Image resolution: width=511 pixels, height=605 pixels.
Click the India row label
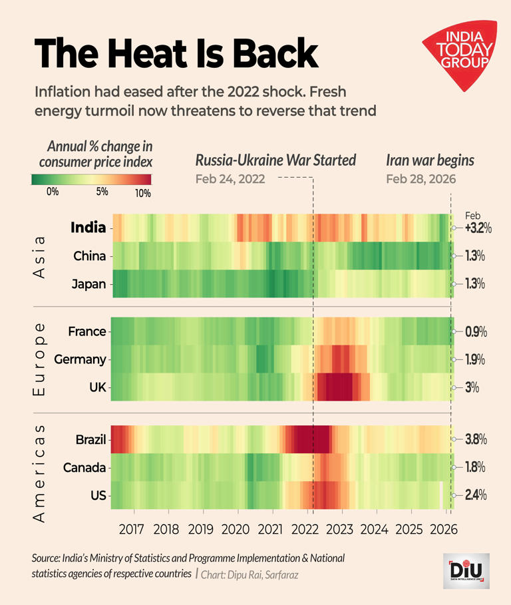click(88, 228)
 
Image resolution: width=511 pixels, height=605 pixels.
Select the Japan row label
click(89, 284)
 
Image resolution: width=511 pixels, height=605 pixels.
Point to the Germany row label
click(80, 359)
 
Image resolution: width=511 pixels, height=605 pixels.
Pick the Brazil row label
click(90, 439)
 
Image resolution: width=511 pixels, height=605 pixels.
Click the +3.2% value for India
click(477, 228)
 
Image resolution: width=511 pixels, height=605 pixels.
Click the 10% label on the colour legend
click(142, 193)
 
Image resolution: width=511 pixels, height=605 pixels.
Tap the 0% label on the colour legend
click(52, 192)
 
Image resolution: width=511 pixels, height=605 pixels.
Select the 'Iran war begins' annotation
click(430, 160)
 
